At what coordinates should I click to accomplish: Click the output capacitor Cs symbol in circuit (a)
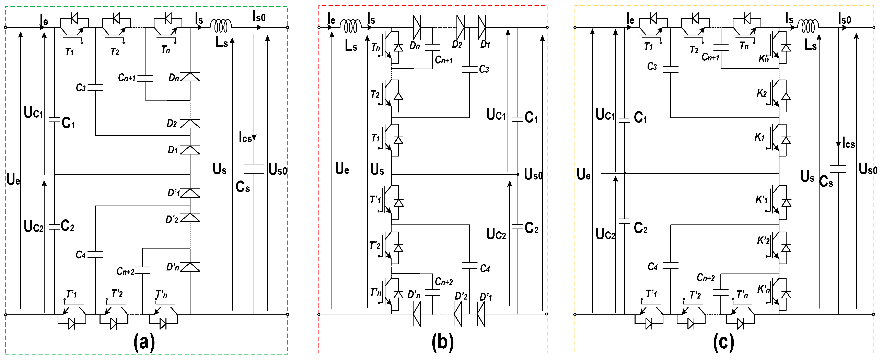coord(254,169)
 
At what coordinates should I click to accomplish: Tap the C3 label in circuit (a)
coord(81,88)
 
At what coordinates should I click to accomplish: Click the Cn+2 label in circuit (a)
coord(125,271)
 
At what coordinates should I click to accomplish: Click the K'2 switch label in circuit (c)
coord(763,241)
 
